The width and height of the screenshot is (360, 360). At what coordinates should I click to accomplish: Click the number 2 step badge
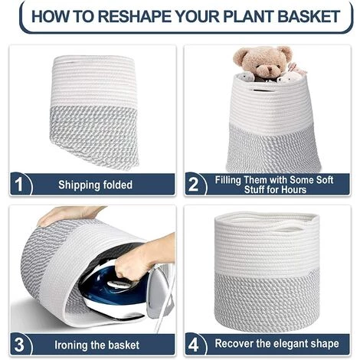[194, 185]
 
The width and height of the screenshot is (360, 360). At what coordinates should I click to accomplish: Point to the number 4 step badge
[194, 343]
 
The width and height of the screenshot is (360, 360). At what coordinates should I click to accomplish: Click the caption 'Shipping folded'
[95, 185]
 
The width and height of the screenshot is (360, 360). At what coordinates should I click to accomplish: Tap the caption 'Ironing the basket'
[97, 343]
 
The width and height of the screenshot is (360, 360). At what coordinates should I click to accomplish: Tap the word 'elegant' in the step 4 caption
[292, 343]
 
